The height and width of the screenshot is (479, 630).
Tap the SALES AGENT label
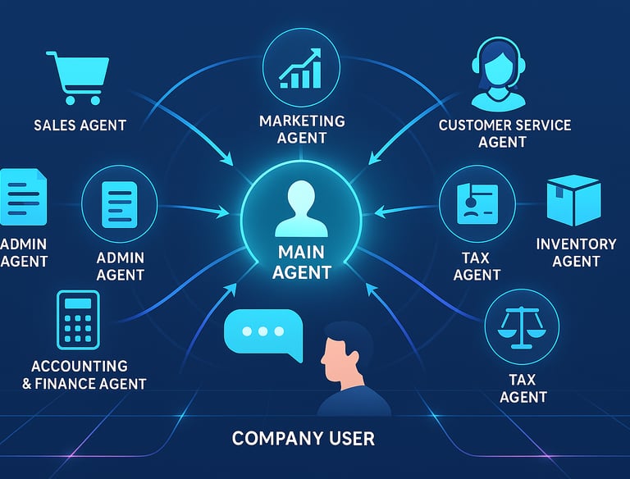click(x=80, y=125)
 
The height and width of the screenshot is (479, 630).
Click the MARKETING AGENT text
click(x=302, y=130)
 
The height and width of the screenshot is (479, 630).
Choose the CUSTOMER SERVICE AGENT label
click(x=504, y=133)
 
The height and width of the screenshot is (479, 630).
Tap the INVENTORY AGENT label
click(x=576, y=253)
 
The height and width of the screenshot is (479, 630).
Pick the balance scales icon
click(x=522, y=322)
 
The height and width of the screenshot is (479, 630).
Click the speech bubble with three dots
click(x=263, y=331)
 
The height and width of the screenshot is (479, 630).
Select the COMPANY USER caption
click(x=304, y=438)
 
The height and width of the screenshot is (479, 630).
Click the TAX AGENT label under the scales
click(x=523, y=388)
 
